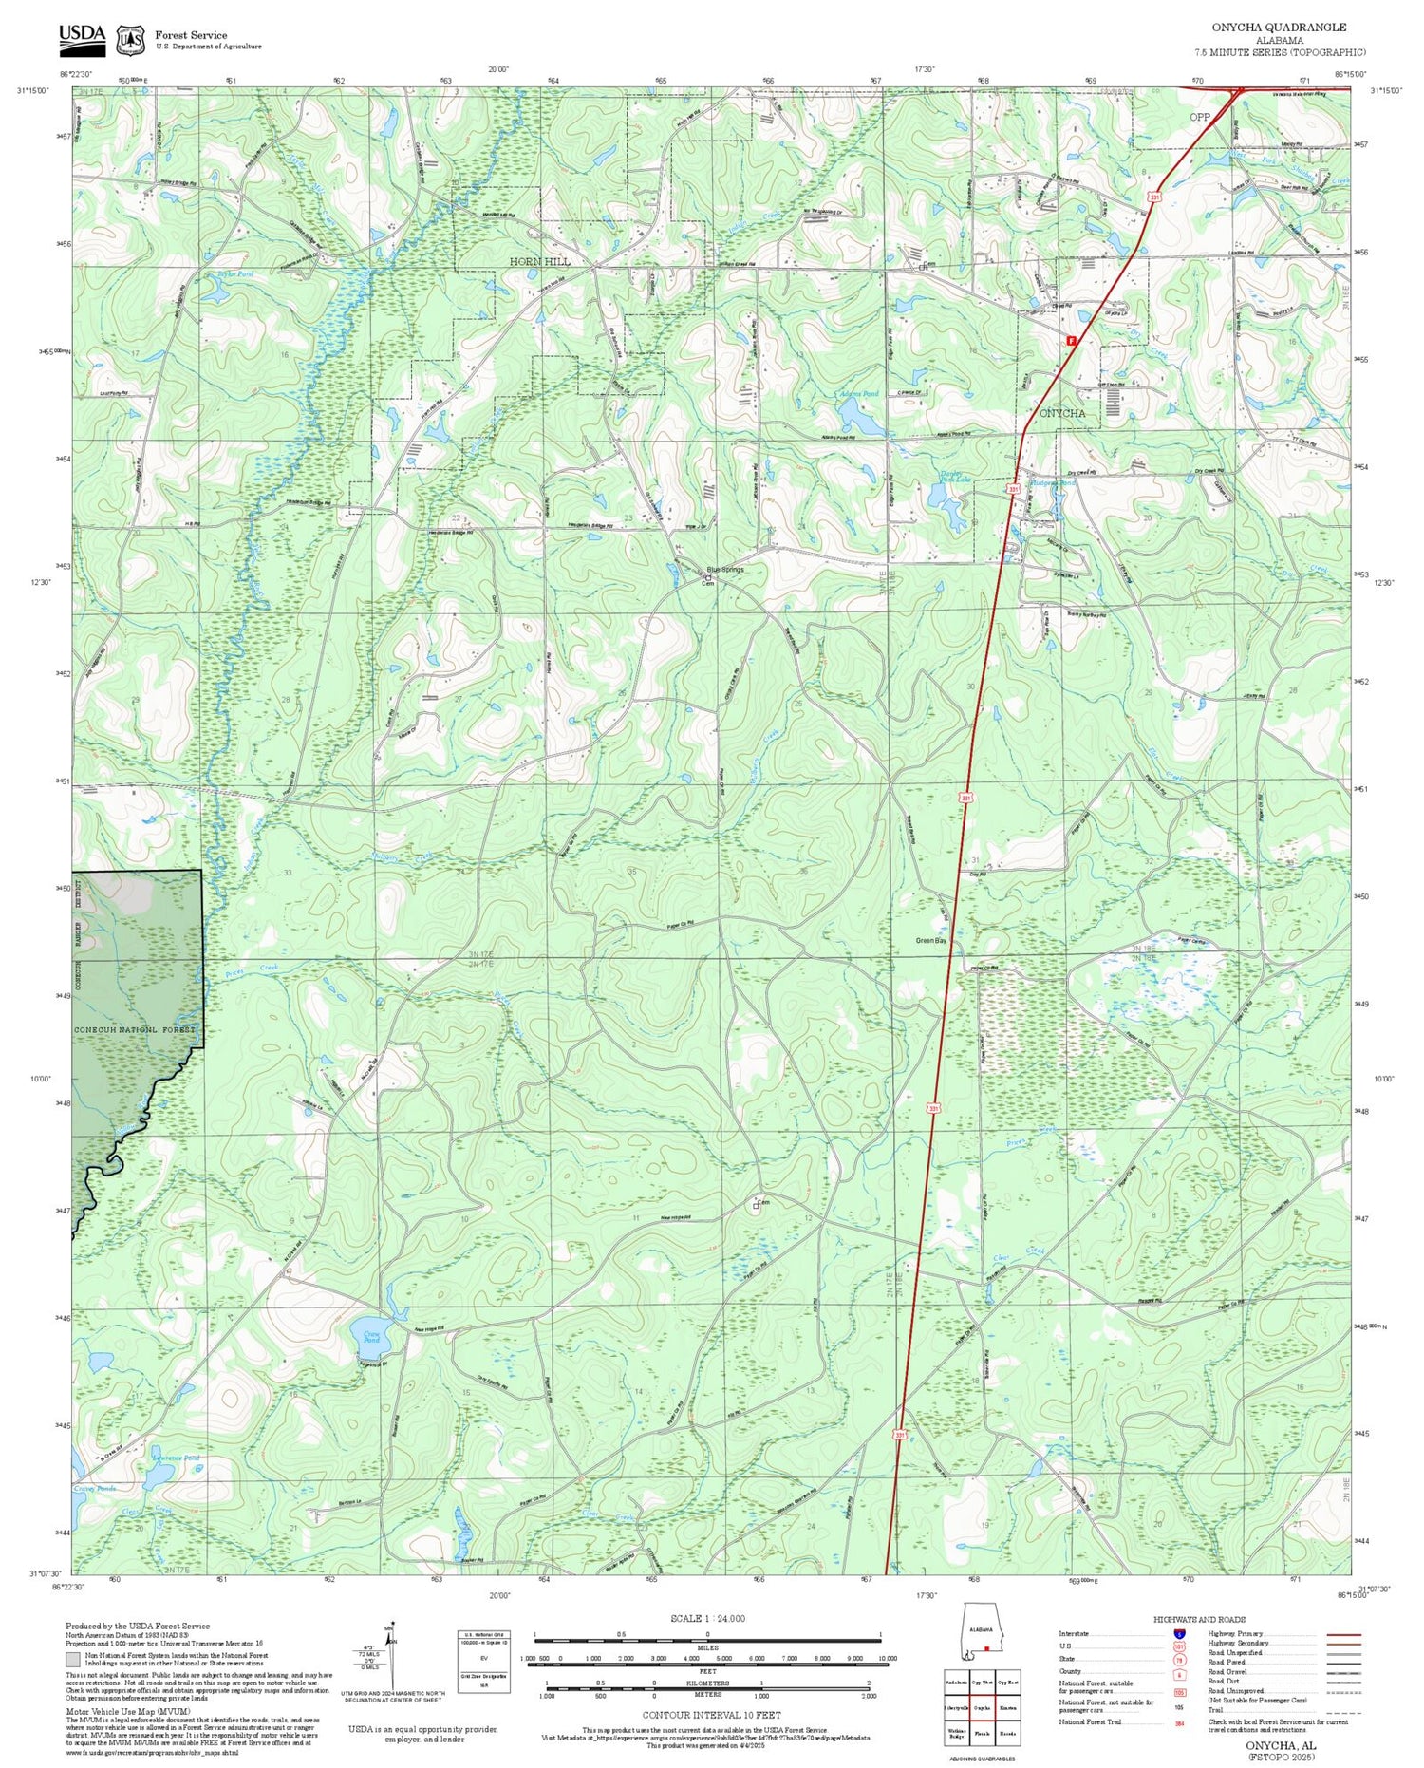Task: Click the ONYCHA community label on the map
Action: [1062, 413]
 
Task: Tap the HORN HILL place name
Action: [539, 261]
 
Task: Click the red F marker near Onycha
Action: [1072, 340]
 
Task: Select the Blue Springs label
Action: [723, 570]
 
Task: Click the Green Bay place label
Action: [930, 940]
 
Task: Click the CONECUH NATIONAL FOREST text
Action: [135, 1029]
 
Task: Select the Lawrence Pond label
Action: [176, 1458]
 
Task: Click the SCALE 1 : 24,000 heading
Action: [707, 1619]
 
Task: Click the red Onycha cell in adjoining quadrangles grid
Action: [982, 1707]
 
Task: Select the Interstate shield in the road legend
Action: [1179, 1633]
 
